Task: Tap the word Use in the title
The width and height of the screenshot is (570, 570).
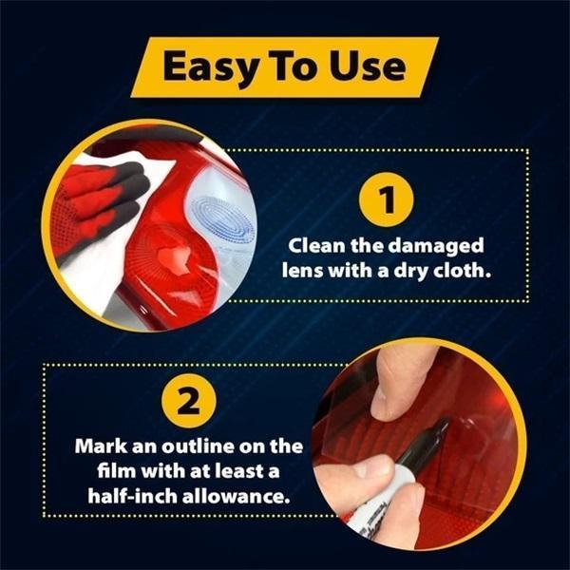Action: pyautogui.click(x=367, y=66)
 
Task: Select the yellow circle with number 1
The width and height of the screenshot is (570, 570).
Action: pyautogui.click(x=386, y=199)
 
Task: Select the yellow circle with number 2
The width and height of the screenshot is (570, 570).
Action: pyautogui.click(x=189, y=401)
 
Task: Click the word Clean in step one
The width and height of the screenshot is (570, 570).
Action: pyautogui.click(x=316, y=246)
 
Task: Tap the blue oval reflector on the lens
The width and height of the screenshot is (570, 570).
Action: pyautogui.click(x=218, y=219)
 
